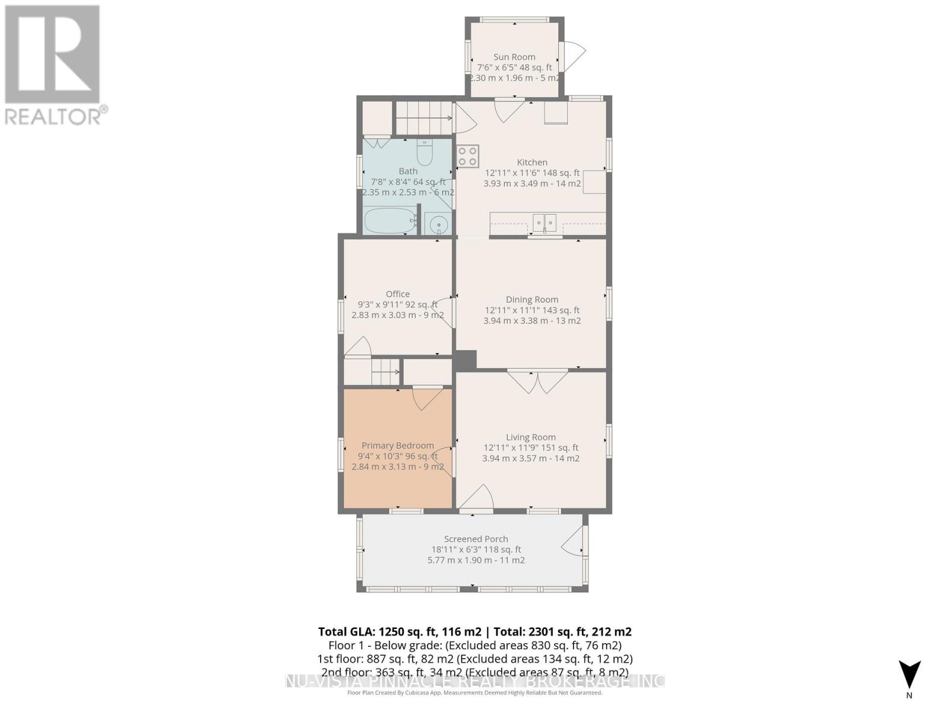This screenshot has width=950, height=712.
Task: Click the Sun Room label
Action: (x=514, y=57)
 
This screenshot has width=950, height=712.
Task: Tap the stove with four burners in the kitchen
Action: (x=468, y=156)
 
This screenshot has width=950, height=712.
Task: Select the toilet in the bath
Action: (x=425, y=154)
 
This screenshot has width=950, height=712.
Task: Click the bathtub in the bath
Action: (x=389, y=221)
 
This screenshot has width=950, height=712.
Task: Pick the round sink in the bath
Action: (x=439, y=224)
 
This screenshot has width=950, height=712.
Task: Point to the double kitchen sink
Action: (x=544, y=223)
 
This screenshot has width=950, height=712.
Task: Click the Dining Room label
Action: (x=532, y=300)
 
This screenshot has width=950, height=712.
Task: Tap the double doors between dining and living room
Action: (x=537, y=382)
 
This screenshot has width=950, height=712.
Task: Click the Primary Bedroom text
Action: (x=398, y=446)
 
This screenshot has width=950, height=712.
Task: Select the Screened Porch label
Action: (x=476, y=539)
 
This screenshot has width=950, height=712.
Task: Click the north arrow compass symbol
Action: (x=909, y=675)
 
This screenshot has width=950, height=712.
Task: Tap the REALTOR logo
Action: (x=53, y=65)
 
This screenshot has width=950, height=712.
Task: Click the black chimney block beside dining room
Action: (x=465, y=360)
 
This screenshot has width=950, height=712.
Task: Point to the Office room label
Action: (x=398, y=294)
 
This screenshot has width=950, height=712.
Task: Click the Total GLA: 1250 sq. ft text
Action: (x=400, y=632)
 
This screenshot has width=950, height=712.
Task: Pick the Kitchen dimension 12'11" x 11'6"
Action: (x=532, y=173)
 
